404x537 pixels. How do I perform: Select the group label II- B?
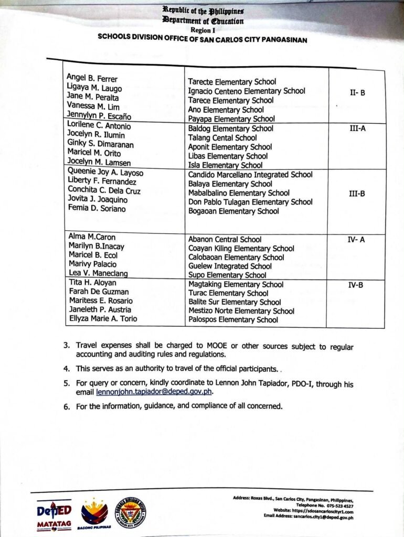(x=357, y=93)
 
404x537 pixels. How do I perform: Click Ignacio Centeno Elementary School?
(x=246, y=91)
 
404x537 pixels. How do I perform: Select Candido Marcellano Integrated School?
(x=250, y=175)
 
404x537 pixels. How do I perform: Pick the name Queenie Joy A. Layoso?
(x=105, y=173)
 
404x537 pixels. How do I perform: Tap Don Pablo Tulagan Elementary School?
(x=250, y=202)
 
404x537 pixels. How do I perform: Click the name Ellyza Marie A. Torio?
(x=103, y=318)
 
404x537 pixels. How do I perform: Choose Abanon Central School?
(x=225, y=239)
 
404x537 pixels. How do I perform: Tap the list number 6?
(x=67, y=406)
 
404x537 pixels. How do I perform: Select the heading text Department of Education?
(x=203, y=21)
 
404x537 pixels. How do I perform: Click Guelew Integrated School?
(x=230, y=266)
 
